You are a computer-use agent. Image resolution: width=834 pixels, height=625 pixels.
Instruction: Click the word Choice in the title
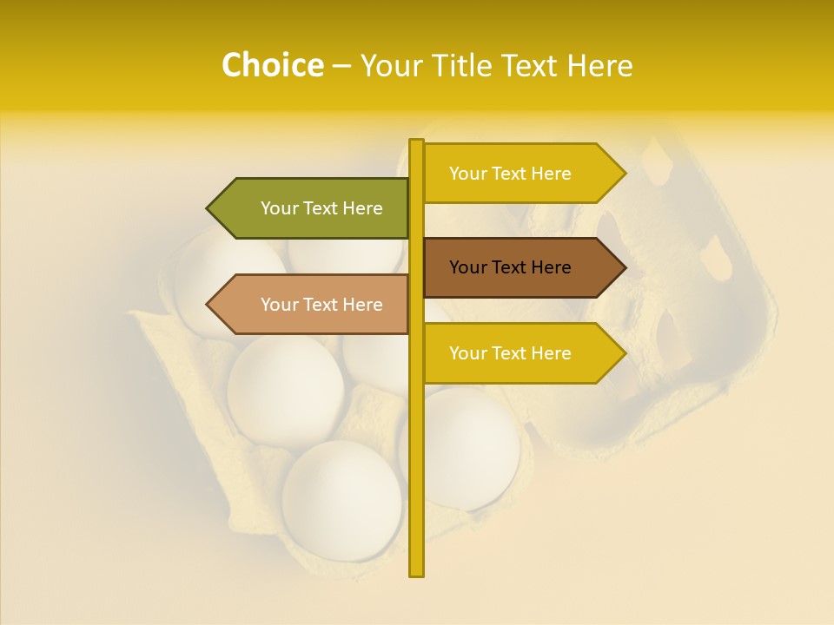(272, 65)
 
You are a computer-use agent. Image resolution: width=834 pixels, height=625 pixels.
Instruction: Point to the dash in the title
(341, 66)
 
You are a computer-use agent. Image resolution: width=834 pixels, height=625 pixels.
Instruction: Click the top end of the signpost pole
(416, 142)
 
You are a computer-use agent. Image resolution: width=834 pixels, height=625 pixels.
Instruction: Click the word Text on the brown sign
(511, 267)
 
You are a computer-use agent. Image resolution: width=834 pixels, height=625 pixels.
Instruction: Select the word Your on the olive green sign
(279, 208)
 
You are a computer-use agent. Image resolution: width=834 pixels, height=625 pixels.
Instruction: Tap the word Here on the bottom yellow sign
(551, 353)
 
